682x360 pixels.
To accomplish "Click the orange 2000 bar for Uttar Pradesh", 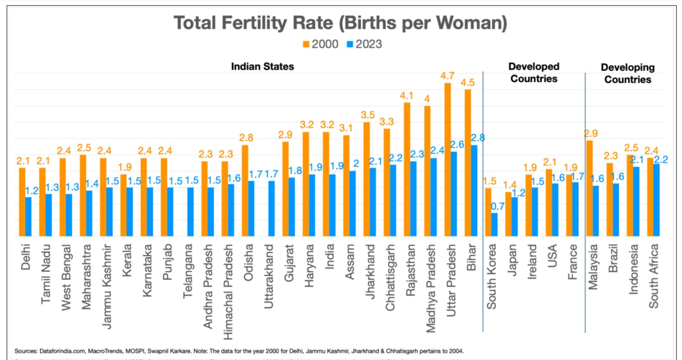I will click(x=448, y=160).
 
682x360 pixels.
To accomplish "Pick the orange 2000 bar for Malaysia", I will click(x=590, y=188).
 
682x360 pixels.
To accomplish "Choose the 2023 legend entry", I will click(x=364, y=44).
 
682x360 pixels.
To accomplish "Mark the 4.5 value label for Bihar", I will click(x=468, y=83).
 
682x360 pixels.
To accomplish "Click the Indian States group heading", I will click(x=262, y=67).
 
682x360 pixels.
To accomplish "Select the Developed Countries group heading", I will click(x=534, y=73).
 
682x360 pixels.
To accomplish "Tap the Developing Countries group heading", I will click(x=627, y=74).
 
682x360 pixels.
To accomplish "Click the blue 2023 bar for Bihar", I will click(x=474, y=191).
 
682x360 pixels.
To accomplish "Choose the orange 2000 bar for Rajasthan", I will click(x=407, y=169).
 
